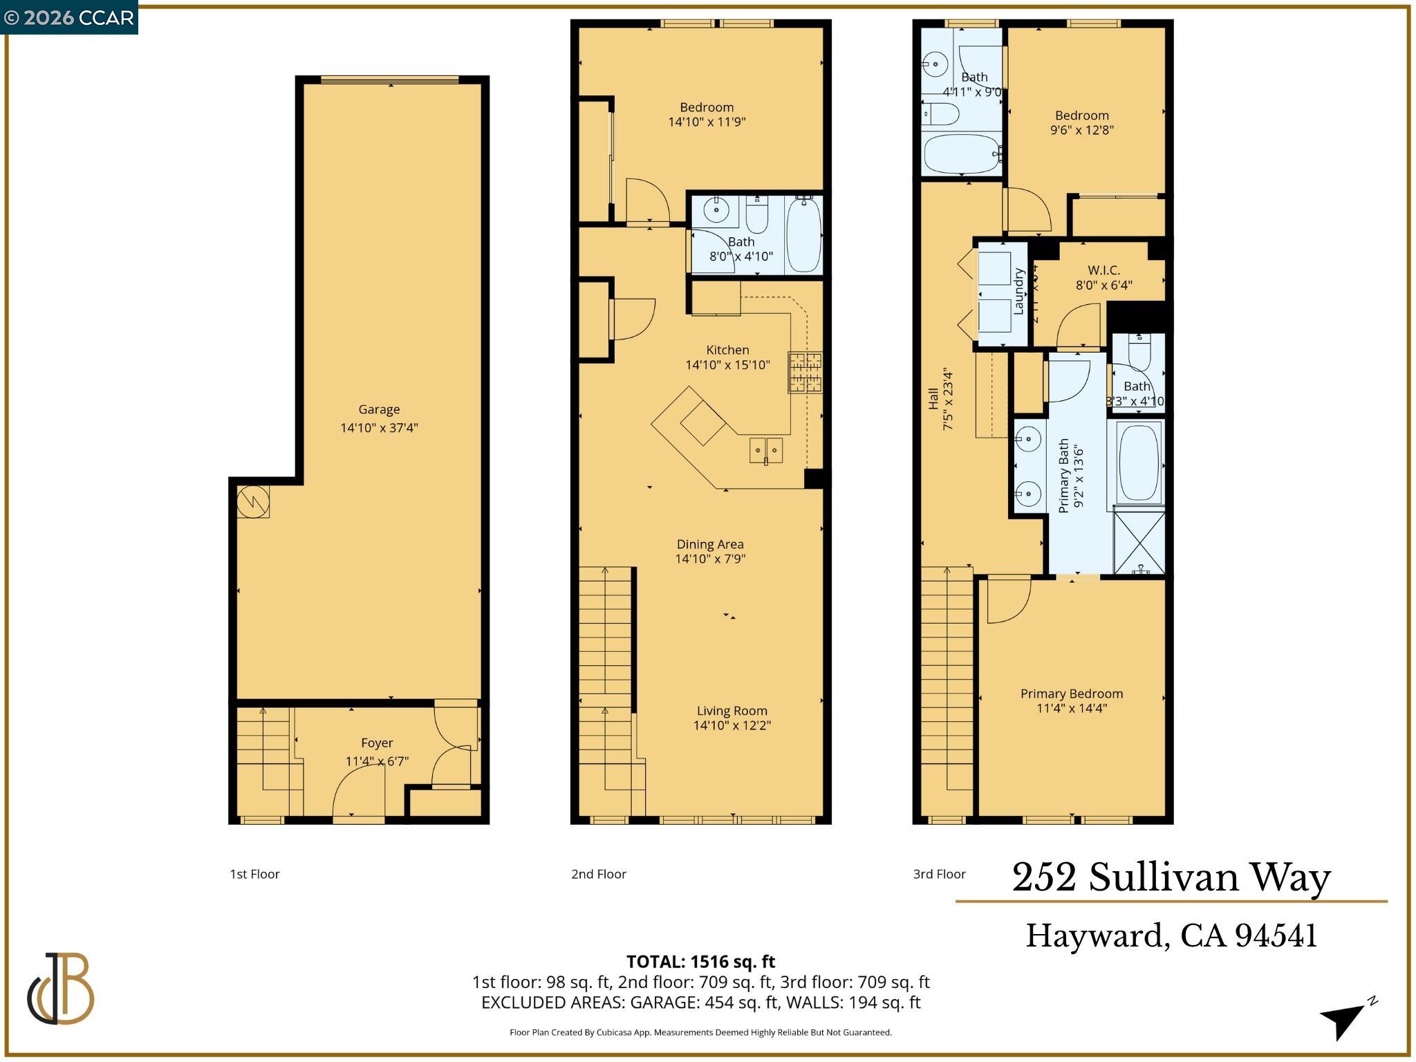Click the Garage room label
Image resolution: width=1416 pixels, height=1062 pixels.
click(379, 409)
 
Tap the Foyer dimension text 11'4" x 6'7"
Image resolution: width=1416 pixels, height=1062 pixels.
click(377, 761)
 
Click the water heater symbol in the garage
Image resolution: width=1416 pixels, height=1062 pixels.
click(253, 501)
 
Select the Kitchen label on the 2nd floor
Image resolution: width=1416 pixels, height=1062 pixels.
click(727, 350)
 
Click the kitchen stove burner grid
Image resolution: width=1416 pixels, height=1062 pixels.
click(805, 372)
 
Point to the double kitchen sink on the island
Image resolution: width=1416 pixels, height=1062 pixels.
click(766, 450)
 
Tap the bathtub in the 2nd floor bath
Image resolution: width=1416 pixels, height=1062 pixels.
click(803, 235)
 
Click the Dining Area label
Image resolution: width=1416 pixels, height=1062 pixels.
click(710, 544)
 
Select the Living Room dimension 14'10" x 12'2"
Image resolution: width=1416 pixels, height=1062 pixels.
click(732, 725)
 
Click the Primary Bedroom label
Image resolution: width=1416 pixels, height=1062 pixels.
click(1072, 693)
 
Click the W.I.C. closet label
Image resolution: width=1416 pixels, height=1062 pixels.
click(1103, 270)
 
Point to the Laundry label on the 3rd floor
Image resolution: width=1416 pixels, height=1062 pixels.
click(1018, 292)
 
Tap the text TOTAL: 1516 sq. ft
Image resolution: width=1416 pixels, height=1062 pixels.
click(700, 961)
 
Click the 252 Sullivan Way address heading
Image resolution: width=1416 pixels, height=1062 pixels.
click(1171, 877)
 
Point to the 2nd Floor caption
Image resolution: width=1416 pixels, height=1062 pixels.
click(598, 874)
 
